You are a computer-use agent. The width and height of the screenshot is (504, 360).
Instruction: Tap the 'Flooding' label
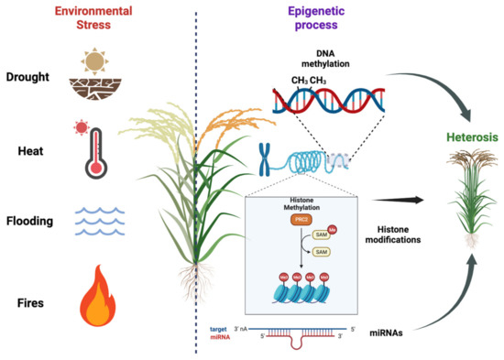tap(31, 221)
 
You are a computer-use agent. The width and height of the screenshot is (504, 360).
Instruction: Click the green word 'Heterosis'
tap(451, 136)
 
